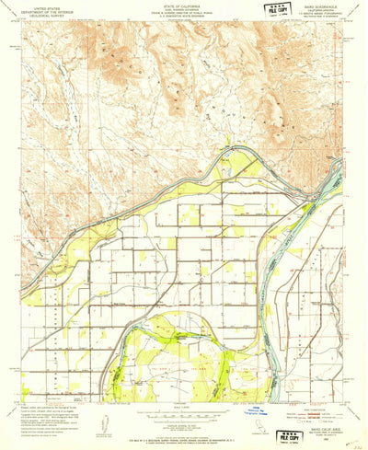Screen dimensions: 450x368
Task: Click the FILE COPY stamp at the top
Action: click(273, 9)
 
